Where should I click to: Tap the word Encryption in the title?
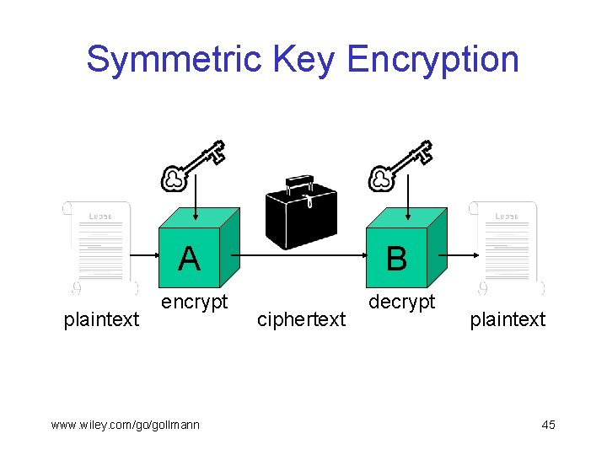click(x=432, y=60)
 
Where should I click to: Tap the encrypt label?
click(x=195, y=302)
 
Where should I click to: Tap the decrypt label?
click(x=402, y=302)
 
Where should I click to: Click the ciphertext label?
click(x=301, y=319)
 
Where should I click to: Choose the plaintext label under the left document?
click(x=102, y=319)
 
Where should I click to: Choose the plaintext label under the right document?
click(x=508, y=319)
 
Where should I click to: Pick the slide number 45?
click(x=548, y=425)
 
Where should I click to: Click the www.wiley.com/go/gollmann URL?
click(x=125, y=425)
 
